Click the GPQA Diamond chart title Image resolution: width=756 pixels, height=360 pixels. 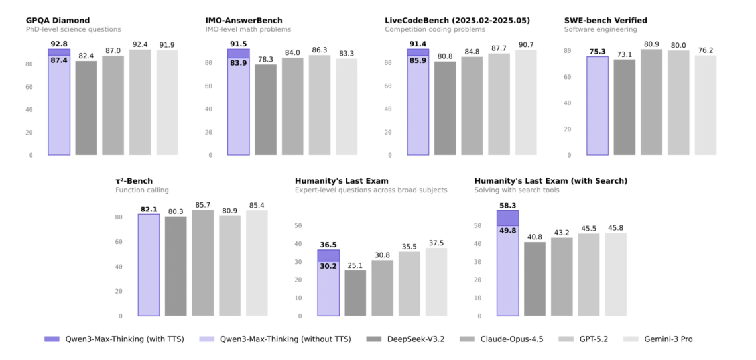[x=58, y=21]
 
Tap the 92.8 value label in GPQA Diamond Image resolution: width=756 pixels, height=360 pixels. [x=59, y=44]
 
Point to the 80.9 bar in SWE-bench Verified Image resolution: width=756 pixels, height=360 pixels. [x=651, y=102]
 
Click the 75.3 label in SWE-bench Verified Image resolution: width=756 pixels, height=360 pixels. [x=598, y=51]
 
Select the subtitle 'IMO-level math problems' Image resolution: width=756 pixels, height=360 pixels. [x=248, y=30]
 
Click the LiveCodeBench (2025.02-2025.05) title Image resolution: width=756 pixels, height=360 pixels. [x=457, y=21]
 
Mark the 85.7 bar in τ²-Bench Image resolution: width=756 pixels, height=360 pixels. [x=203, y=263]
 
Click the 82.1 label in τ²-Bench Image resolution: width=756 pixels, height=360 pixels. [x=149, y=209]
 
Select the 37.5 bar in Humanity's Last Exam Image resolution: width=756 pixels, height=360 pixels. [x=436, y=282]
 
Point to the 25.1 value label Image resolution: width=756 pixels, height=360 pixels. [x=355, y=265]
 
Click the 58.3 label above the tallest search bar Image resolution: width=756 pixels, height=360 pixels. [x=508, y=206]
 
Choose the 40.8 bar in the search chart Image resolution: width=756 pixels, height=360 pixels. [x=535, y=278]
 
